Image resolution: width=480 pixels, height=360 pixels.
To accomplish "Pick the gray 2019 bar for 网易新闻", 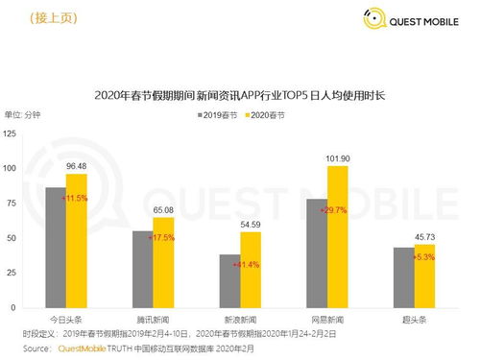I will tap(315, 253).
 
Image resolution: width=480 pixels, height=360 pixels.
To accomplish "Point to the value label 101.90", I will tap(338, 157).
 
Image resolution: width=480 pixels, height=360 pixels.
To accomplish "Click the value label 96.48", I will tap(77, 165).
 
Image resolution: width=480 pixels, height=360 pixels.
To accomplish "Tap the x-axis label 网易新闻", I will tap(326, 317).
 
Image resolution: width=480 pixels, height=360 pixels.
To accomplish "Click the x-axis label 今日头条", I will tap(65, 317).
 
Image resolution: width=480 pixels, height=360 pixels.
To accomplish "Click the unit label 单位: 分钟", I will tap(28, 115).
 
